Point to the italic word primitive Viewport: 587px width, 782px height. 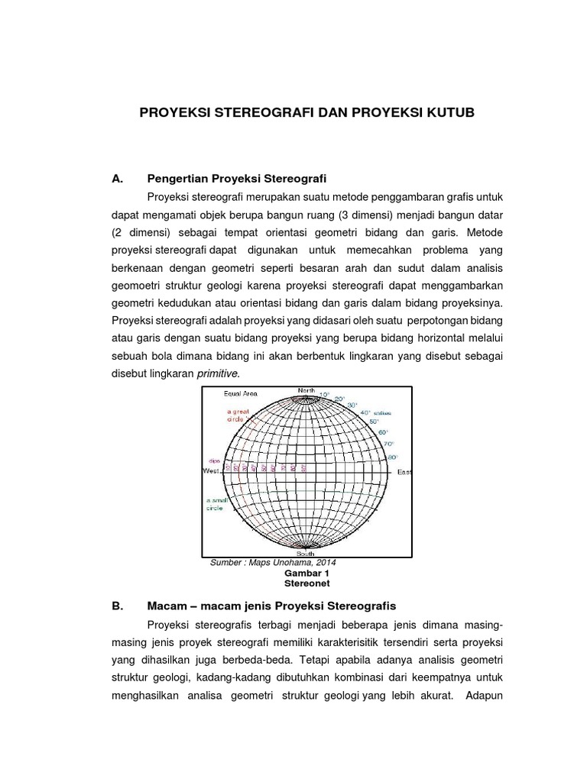pyautogui.click(x=218, y=373)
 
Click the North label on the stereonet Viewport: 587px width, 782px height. pyautogui.click(x=306, y=390)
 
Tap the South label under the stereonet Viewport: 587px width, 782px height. pyautogui.click(x=306, y=554)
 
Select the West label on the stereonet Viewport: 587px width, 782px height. pyautogui.click(x=212, y=472)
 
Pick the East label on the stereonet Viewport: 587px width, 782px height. pyautogui.click(x=404, y=473)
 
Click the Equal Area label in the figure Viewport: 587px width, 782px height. pyautogui.click(x=240, y=394)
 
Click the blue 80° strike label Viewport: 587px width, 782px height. pyautogui.click(x=393, y=457)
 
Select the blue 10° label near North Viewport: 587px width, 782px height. pyautogui.click(x=324, y=395)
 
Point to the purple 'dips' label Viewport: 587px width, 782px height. pyautogui.click(x=215, y=461)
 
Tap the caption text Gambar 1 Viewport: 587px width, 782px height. pyautogui.click(x=305, y=572)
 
